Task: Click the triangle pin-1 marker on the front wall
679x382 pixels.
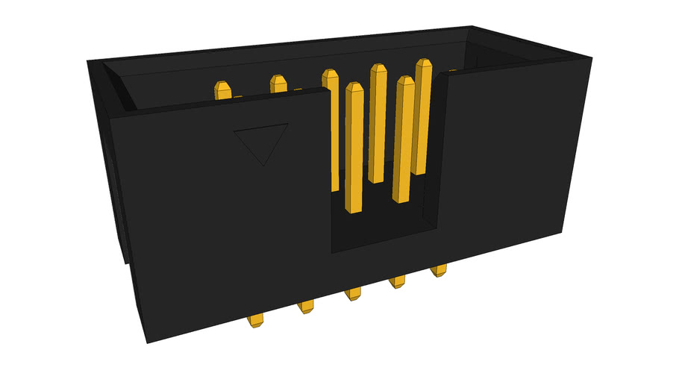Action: [261, 142]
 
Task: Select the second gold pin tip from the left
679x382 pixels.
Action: [278, 82]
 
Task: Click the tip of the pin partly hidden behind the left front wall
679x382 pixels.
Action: [328, 75]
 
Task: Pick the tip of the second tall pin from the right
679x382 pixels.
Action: [404, 82]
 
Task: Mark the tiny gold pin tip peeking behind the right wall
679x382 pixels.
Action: [452, 71]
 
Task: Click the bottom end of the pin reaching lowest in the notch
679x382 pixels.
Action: [354, 209]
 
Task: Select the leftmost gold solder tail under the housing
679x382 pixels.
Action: [256, 322]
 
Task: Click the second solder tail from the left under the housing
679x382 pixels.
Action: [306, 306]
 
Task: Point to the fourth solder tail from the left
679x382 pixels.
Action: [397, 282]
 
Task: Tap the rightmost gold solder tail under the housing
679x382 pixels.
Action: [439, 271]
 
